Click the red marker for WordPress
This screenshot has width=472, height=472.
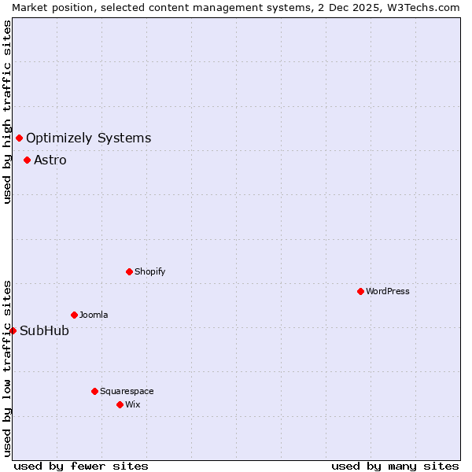pos(360,291)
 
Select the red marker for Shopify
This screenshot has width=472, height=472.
pos(129,271)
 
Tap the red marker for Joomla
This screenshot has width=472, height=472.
pos(74,315)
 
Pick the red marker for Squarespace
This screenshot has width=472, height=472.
pos(94,391)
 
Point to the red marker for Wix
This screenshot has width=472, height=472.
pos(120,404)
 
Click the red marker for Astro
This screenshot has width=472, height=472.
pos(27,160)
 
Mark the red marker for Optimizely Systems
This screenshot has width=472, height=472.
pos(19,138)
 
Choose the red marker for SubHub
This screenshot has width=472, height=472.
pos(13,330)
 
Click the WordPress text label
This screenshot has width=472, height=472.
pos(387,291)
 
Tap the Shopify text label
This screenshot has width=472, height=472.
pos(149,271)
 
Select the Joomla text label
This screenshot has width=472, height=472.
pos(94,315)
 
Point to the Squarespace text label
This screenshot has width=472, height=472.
pos(127,391)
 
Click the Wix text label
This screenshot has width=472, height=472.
pos(132,404)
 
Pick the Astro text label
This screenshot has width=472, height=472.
pos(50,160)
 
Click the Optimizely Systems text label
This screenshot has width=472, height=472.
pos(88,138)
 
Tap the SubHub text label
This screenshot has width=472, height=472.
pos(44,330)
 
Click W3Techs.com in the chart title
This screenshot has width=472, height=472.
pos(423,7)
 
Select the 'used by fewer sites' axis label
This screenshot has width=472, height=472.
pos(81,466)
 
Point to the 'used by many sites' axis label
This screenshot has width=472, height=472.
pos(395,466)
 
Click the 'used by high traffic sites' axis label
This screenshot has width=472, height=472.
pos(7,112)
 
